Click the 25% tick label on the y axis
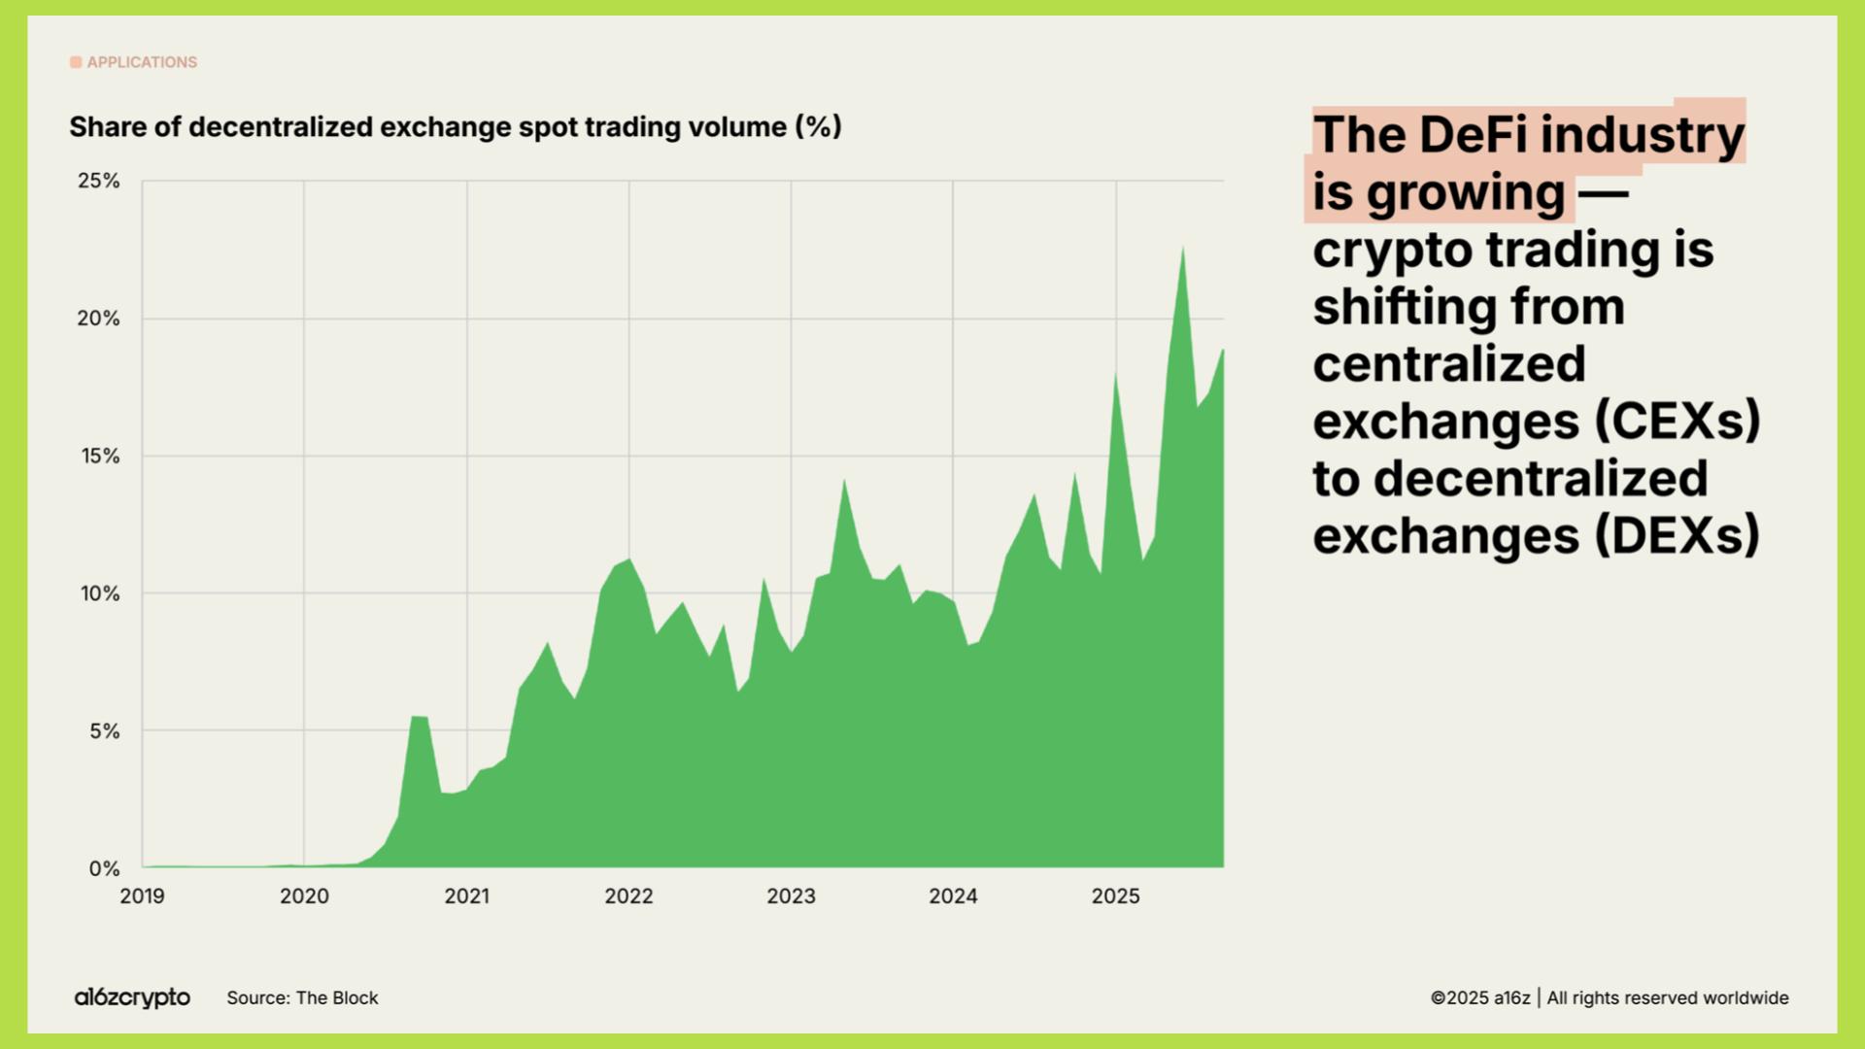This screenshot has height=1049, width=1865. [99, 181]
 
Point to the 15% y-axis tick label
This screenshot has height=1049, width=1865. [99, 456]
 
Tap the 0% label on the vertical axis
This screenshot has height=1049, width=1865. [104, 868]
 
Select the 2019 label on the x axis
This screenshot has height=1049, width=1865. [142, 897]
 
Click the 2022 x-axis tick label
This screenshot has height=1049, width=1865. [628, 897]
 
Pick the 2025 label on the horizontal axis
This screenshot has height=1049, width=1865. [1115, 897]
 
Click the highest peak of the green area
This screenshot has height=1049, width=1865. [1182, 249]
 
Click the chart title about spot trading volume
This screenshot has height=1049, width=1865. [455, 127]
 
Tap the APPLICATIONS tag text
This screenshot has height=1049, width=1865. [142, 62]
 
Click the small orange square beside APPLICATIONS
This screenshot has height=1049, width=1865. [76, 62]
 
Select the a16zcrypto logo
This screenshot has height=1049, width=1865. [132, 998]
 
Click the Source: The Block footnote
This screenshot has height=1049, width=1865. [302, 998]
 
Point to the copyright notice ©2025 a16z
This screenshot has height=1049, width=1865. [1479, 998]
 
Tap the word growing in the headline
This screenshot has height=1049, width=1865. [1466, 193]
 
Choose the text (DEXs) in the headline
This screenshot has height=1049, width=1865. [1678, 536]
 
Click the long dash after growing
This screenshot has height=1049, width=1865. [1603, 192]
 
